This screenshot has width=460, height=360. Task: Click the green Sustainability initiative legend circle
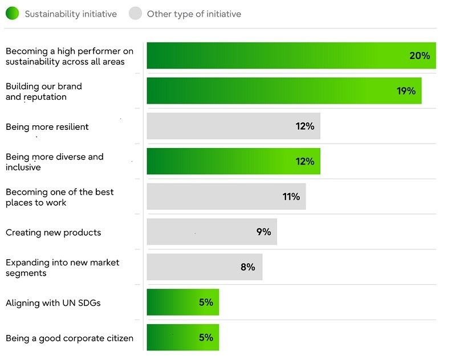tap(12, 13)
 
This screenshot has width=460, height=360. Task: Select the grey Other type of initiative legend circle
tap(135, 13)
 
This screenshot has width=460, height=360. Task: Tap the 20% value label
tap(420, 56)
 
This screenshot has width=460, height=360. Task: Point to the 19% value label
tap(406, 91)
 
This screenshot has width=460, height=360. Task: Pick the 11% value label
tap(291, 197)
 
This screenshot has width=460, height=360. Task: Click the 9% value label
tap(263, 232)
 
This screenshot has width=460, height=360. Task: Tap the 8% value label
tap(247, 267)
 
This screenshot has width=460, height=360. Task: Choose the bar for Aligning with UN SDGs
tap(182, 302)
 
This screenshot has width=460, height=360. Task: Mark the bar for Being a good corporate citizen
tap(182, 338)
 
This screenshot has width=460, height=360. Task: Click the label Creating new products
tap(53, 232)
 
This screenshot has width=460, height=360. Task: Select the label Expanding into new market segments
tap(62, 268)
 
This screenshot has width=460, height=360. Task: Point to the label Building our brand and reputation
tap(43, 92)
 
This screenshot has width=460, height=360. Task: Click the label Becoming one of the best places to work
tap(59, 197)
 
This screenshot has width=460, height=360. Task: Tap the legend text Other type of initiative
tap(194, 14)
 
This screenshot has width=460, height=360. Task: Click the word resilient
tap(68, 127)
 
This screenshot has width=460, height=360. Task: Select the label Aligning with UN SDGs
tap(53, 303)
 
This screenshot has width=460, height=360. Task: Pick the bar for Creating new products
tap(211, 232)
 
